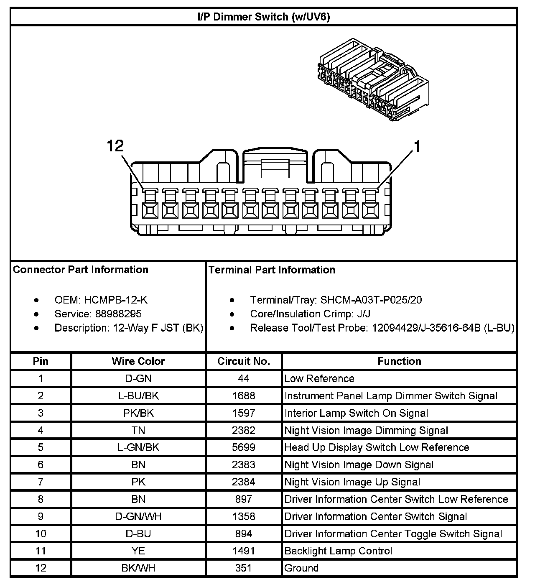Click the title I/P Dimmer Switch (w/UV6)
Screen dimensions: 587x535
(x=263, y=17)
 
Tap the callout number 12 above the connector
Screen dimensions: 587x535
(x=115, y=146)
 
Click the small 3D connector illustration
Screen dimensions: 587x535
(x=373, y=79)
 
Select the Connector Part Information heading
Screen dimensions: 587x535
(x=81, y=269)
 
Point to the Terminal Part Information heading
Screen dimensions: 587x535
(x=272, y=270)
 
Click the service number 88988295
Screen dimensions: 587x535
(x=118, y=314)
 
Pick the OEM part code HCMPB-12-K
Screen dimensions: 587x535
(x=115, y=300)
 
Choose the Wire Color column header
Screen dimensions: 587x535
(x=138, y=361)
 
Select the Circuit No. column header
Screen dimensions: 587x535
(x=244, y=361)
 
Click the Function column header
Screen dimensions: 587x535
(x=399, y=361)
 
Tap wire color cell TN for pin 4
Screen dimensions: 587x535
(x=138, y=430)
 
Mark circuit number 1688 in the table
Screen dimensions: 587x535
(x=244, y=396)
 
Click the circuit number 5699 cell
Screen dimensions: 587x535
(x=244, y=447)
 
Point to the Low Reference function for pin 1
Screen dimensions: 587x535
(x=319, y=379)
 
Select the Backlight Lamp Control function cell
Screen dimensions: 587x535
(x=338, y=551)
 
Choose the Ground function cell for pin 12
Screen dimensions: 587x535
(x=301, y=568)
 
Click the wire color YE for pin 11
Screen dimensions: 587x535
(x=138, y=551)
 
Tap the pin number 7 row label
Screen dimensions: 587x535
(x=41, y=482)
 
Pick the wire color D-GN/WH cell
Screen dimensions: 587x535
(x=138, y=516)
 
